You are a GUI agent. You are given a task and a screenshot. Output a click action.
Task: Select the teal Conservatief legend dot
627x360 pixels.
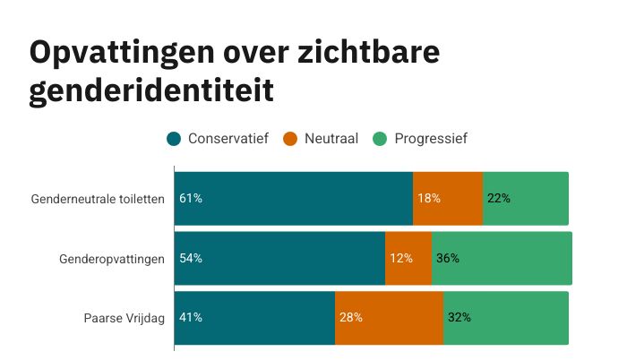175,138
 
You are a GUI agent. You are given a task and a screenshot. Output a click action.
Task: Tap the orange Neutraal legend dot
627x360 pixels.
290,138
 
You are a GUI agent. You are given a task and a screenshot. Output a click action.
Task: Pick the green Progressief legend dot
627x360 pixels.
379,138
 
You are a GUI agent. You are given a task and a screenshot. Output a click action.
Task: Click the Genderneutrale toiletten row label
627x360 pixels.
98,198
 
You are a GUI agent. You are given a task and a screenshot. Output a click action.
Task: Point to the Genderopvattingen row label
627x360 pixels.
112,258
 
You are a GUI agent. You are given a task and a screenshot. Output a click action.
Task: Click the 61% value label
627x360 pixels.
191,198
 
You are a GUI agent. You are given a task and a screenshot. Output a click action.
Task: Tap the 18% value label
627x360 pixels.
429,198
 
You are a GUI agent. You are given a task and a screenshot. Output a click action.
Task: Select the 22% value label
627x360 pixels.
499,198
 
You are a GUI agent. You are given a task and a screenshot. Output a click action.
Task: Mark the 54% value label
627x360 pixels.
191,258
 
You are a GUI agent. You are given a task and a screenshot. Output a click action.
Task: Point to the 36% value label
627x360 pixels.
448,258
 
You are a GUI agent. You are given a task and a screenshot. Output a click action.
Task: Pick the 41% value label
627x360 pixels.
191,317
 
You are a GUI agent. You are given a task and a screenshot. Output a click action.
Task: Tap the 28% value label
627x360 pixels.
351,317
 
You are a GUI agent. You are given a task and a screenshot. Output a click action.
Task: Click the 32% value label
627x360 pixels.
460,317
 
